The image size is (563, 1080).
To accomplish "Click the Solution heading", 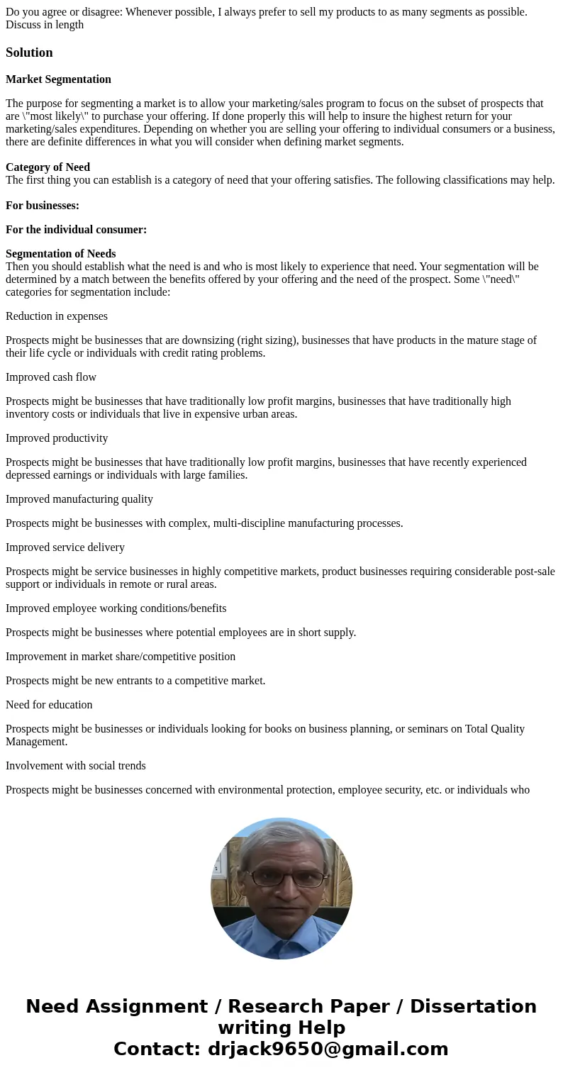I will [x=29, y=52].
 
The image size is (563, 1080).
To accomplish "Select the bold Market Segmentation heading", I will [x=58, y=79].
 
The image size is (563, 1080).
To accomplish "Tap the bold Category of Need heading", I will [x=48, y=167].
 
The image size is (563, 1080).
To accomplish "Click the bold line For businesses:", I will [x=43, y=206].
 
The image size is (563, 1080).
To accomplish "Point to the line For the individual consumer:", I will [x=76, y=230].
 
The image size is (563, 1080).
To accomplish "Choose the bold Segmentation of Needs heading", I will [x=60, y=254].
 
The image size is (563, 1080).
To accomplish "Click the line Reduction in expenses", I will [x=57, y=316].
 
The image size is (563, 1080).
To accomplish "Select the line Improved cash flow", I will [x=51, y=377].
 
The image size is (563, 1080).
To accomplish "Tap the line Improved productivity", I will [x=57, y=438].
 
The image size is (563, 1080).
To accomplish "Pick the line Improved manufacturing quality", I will [x=79, y=499].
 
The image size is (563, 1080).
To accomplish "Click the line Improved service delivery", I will [x=65, y=547].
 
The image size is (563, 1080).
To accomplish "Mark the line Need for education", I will [x=49, y=705].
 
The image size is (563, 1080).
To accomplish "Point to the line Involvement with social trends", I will [x=76, y=766].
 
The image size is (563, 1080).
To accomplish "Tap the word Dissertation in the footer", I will [x=473, y=1007].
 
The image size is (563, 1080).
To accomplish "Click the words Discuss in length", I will [x=45, y=25].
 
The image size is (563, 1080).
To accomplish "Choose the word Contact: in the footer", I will [x=157, y=1050].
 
